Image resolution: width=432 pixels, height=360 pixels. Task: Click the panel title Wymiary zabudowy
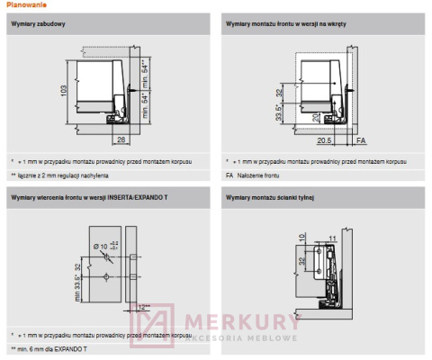point(37,23)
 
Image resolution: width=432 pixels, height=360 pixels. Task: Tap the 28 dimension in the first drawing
point(120,138)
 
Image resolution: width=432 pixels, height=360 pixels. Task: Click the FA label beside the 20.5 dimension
point(361,140)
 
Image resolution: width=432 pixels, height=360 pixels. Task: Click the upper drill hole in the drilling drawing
point(105,256)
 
